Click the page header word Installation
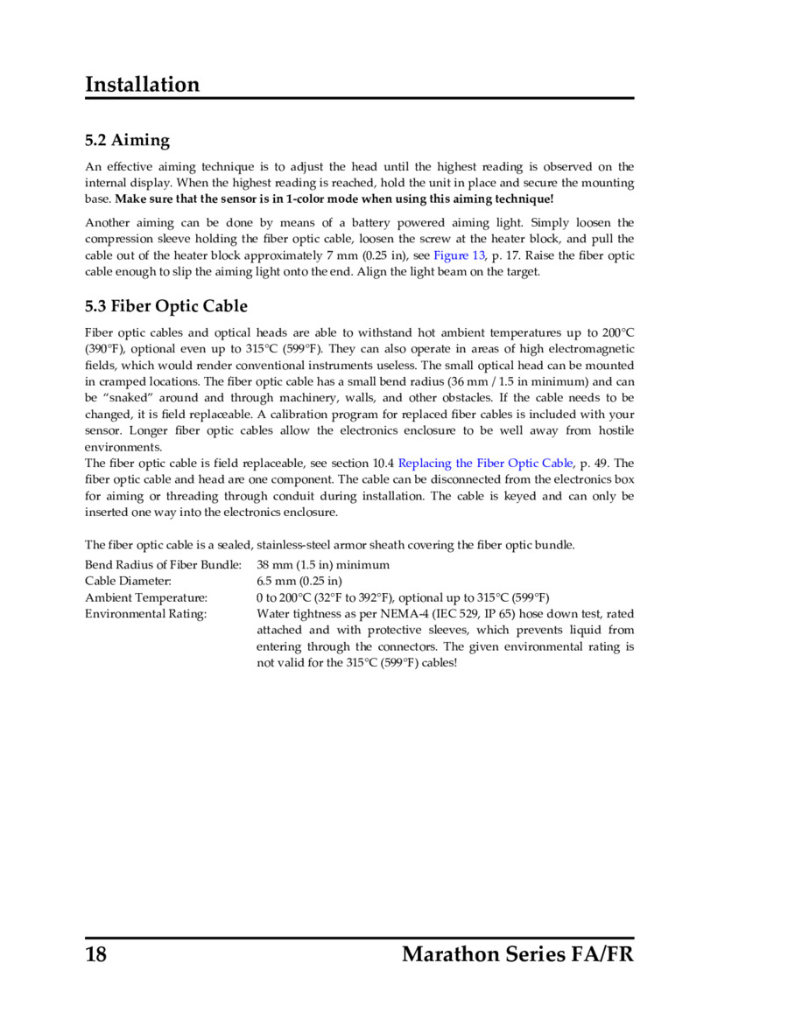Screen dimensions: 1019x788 (x=142, y=85)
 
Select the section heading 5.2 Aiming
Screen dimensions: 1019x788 (x=127, y=140)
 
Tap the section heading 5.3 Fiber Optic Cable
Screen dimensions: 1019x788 (x=165, y=306)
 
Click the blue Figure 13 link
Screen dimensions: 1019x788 (x=459, y=255)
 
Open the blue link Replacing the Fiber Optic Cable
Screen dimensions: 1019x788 (x=485, y=463)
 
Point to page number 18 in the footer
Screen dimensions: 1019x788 (x=96, y=953)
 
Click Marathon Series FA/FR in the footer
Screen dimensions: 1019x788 (x=517, y=953)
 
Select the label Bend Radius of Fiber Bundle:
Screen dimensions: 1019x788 (x=163, y=565)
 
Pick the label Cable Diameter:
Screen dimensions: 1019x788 (x=128, y=582)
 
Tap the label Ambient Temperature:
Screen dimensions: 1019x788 (x=146, y=597)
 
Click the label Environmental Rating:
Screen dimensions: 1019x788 (x=145, y=614)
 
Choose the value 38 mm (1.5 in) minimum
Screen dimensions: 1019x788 (x=323, y=565)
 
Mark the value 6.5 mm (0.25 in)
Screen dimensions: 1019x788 (x=299, y=582)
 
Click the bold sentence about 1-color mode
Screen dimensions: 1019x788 (x=334, y=199)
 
